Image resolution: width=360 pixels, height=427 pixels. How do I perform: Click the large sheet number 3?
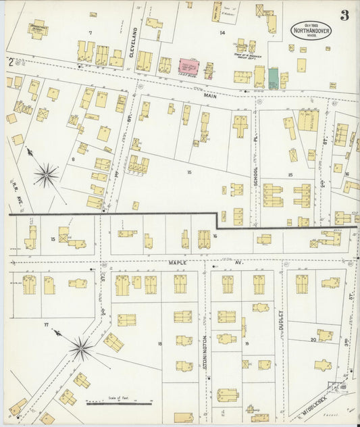pos(344,16)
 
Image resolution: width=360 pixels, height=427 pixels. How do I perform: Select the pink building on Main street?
pos(188,67)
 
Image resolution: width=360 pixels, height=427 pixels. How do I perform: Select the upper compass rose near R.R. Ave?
pos(46,176)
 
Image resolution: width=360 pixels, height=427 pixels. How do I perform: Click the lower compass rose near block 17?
pos(80,349)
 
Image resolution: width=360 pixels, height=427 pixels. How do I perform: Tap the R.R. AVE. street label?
pos(15,186)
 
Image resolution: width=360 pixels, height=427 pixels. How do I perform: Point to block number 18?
pos(159,344)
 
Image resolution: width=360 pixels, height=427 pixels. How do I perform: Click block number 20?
pos(313,340)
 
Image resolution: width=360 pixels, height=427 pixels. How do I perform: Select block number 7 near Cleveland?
pos(88,32)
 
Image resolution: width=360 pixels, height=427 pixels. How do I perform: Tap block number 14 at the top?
pos(221,32)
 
